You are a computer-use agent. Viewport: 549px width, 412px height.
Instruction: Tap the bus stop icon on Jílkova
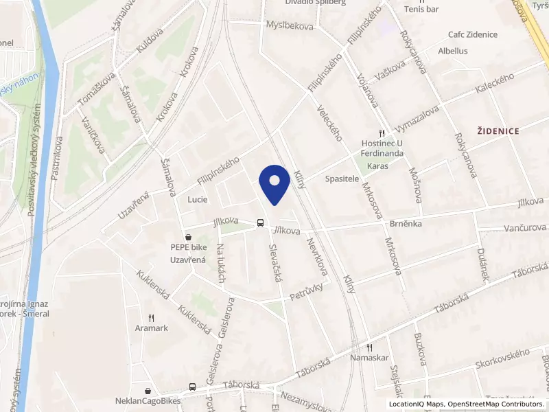click(260, 222)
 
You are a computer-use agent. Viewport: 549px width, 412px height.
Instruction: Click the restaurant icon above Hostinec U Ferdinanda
click(382, 133)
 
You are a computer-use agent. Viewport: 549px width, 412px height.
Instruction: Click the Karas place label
click(378, 166)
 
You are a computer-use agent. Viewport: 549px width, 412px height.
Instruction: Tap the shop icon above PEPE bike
click(188, 237)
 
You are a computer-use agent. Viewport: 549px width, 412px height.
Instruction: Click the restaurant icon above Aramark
click(152, 319)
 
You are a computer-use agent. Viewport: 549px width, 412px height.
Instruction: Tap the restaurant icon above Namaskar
click(369, 347)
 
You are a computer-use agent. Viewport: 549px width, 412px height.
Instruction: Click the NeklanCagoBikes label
click(147, 400)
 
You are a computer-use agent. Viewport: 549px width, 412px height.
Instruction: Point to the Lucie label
click(197, 199)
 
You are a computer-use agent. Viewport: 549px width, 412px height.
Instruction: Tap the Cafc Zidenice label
click(472, 34)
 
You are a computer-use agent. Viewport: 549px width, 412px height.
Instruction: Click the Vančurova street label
click(525, 227)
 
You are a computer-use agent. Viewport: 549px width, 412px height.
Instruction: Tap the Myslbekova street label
click(289, 25)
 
